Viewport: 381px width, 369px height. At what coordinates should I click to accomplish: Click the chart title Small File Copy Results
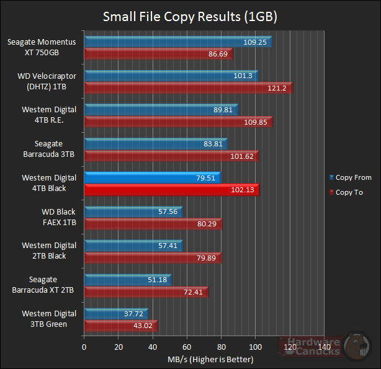pyautogui.click(x=190, y=16)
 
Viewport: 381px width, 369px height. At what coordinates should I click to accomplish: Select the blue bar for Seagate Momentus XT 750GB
pyautogui.click(x=178, y=42)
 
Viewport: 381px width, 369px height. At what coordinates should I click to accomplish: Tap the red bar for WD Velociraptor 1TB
pyautogui.click(x=188, y=88)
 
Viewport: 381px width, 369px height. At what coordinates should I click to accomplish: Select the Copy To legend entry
pyautogui.click(x=349, y=192)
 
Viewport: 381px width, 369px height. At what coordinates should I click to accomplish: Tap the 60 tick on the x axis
pyautogui.click(x=187, y=347)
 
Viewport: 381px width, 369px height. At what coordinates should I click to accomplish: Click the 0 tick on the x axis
pyautogui.click(x=84, y=347)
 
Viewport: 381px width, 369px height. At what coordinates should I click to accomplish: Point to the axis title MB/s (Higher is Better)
pyautogui.click(x=210, y=359)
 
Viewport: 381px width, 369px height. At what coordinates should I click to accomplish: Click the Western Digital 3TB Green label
pyautogui.click(x=49, y=319)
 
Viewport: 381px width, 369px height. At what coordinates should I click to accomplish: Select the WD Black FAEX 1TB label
pyautogui.click(x=58, y=216)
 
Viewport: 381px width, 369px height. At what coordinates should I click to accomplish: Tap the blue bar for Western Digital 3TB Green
pyautogui.click(x=115, y=314)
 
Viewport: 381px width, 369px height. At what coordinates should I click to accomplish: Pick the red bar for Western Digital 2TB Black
pyautogui.click(x=153, y=258)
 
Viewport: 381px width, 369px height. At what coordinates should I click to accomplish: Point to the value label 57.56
pyautogui.click(x=168, y=212)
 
